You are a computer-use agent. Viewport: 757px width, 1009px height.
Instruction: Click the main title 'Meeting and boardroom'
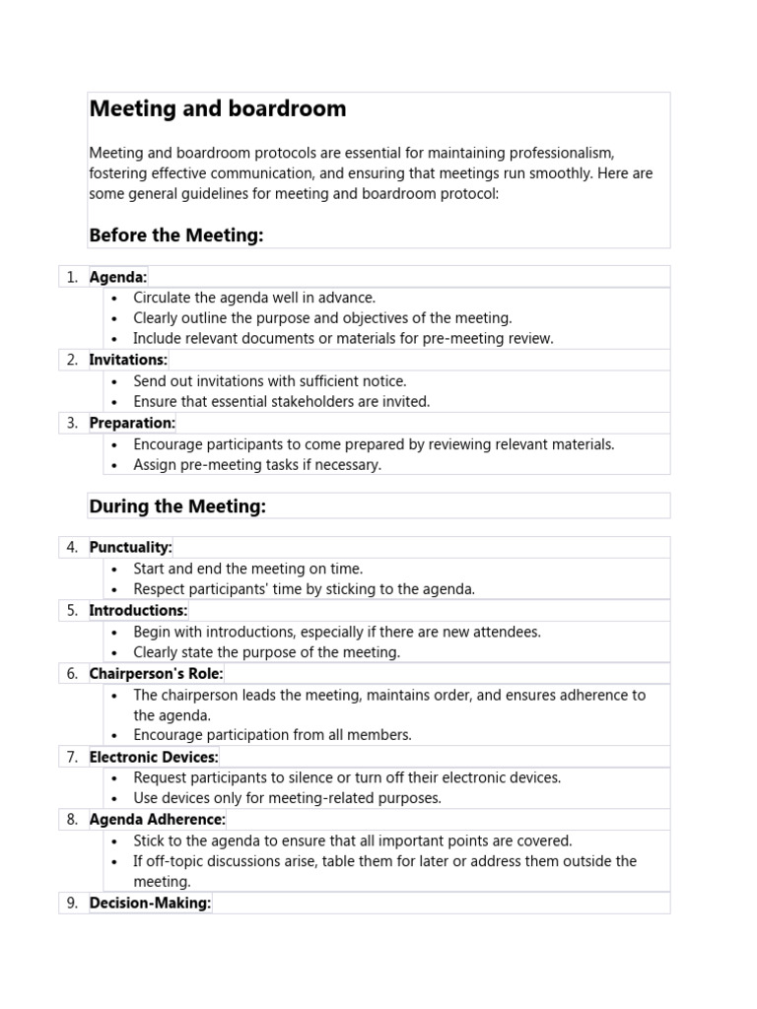tap(218, 109)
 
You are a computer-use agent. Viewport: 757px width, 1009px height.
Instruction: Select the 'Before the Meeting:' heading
tap(176, 235)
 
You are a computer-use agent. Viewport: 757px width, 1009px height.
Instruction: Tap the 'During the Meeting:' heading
tap(177, 506)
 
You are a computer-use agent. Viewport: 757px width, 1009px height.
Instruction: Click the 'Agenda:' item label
tap(118, 277)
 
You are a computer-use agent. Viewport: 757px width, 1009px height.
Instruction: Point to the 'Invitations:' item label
tap(128, 360)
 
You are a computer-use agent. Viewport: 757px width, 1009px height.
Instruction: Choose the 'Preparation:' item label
tap(132, 423)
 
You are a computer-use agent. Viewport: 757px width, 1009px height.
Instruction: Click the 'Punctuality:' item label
tap(130, 547)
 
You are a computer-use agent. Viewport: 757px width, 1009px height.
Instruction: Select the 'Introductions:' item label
tap(138, 610)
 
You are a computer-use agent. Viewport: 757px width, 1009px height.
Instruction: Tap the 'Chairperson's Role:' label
tap(156, 673)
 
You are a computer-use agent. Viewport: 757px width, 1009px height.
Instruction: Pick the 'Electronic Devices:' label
tap(154, 757)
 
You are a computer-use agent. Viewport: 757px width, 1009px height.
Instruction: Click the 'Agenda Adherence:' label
tap(157, 819)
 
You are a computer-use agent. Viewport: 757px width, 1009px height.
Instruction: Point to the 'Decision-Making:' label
tap(150, 903)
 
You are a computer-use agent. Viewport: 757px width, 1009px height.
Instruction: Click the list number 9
tap(72, 903)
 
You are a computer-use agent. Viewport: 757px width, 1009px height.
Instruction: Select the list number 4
tap(72, 547)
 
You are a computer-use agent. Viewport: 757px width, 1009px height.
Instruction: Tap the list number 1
tap(72, 277)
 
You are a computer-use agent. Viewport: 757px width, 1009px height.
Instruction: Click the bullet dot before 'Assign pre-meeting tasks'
tap(115, 465)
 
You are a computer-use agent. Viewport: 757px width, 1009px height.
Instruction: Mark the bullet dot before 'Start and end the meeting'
tap(115, 569)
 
